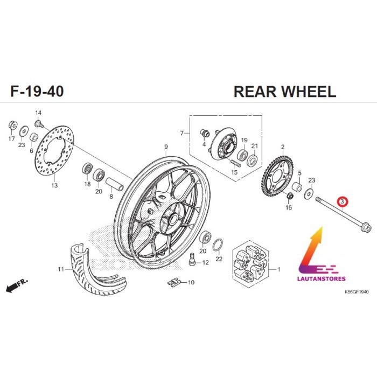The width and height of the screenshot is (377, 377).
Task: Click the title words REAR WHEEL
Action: (284, 92)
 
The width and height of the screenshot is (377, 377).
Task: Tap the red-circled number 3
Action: (343, 202)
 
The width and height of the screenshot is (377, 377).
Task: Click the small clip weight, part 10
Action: (173, 281)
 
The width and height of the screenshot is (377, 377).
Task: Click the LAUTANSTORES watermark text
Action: (322, 278)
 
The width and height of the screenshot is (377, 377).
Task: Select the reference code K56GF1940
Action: (357, 291)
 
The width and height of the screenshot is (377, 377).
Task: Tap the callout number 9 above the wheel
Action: (166, 147)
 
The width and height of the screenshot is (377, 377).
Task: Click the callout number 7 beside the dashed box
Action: (182, 133)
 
